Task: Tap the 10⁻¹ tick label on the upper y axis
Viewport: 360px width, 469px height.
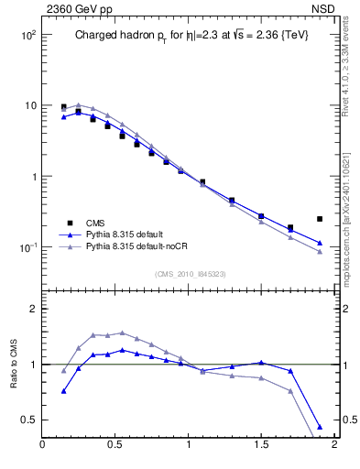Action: [x=27, y=248]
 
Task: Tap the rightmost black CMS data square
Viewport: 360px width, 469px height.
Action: [x=319, y=219]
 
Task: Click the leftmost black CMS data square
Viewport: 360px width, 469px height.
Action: [x=63, y=107]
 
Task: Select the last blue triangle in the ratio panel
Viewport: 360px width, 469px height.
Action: [x=319, y=427]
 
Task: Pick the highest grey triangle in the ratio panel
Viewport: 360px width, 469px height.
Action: [x=122, y=333]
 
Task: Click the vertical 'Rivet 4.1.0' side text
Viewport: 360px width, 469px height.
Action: [x=351, y=55]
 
